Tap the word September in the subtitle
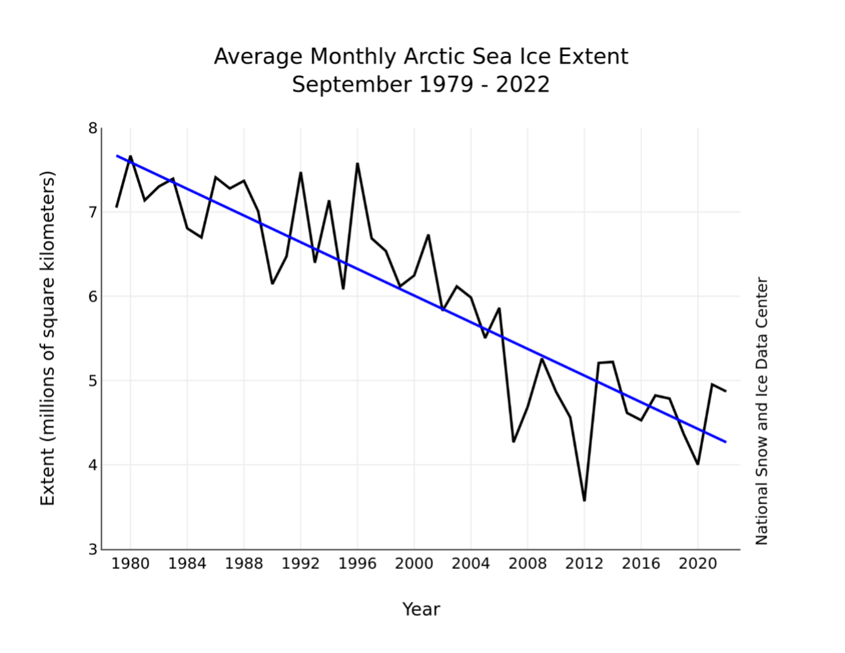351,85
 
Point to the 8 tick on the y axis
93,128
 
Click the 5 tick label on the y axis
93,381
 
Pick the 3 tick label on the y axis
93,550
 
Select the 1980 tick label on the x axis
130,564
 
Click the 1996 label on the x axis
357,564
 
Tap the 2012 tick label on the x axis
584,564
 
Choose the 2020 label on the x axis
697,564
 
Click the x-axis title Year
421,609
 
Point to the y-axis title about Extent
48,339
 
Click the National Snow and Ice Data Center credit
762,411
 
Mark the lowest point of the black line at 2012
584,500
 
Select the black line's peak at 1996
357,164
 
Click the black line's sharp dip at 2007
513,441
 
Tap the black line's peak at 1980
130,156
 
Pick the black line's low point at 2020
697,464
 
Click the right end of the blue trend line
726,442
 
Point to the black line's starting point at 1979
117,206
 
